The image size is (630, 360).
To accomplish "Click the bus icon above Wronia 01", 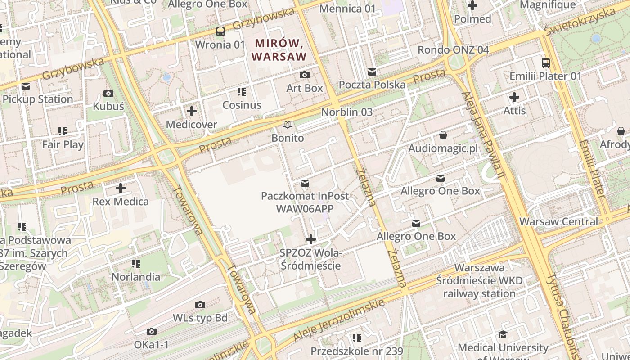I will tap(220, 31).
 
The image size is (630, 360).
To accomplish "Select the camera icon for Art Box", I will tap(305, 75).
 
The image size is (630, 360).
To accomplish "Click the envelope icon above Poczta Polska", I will tap(372, 72).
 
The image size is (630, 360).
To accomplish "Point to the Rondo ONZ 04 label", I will tap(453, 49).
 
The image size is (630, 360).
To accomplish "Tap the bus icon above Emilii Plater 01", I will tap(546, 63).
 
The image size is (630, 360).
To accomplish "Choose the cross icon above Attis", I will tap(514, 97).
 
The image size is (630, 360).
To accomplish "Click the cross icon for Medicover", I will tap(192, 111).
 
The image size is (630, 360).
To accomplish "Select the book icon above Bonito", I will tap(288, 125).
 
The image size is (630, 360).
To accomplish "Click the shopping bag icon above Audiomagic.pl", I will tap(443, 135).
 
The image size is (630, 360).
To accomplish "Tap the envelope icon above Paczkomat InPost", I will tap(305, 183).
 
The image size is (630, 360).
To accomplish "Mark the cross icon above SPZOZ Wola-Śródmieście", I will tap(310, 239).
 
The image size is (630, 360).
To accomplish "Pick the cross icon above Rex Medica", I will tap(121, 188).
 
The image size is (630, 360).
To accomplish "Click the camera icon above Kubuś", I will tap(108, 93).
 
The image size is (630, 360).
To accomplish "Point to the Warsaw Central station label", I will tap(558, 221).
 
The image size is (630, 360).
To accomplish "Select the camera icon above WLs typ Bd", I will tap(201, 305).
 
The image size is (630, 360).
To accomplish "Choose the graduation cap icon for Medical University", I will tap(503, 334).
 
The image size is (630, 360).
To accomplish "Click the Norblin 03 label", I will tap(347, 112).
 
